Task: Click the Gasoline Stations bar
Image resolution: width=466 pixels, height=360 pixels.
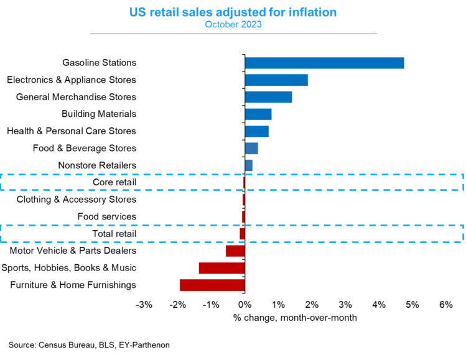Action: pos(324,63)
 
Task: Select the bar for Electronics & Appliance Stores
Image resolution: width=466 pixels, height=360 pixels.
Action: pos(276,80)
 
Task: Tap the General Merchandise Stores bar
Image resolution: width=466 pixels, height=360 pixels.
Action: pos(268,97)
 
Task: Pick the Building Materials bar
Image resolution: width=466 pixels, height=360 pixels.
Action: pos(258,114)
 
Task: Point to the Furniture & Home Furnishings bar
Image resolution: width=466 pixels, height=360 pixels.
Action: pos(212,285)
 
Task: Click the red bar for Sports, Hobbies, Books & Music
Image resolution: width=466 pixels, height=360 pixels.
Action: pos(221,268)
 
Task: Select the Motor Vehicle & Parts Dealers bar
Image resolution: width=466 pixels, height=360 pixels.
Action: pos(235,251)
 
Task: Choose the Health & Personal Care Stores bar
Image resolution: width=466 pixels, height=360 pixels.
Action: pos(256,131)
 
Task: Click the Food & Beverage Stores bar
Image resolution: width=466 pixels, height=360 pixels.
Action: pos(251,148)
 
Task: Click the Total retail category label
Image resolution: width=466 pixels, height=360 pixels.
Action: pos(114,234)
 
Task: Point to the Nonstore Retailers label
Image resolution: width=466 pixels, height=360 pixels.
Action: pos(97,165)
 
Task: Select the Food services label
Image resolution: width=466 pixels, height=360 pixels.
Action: pos(106,216)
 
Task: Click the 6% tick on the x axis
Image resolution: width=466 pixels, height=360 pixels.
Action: pos(445,305)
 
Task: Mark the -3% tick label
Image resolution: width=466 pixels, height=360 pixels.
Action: pos(144,305)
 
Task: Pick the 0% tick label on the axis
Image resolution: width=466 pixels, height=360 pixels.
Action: pos(245,305)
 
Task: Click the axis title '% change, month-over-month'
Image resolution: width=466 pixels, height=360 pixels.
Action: pos(295,318)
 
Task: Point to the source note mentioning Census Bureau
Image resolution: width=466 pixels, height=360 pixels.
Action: pos(89,344)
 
